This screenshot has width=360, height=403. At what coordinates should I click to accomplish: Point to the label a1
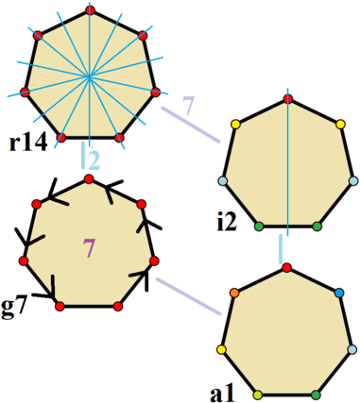tap(223, 389)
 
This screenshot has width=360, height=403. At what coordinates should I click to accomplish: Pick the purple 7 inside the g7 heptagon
tap(89, 249)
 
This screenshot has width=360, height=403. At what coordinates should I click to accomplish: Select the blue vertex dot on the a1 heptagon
tap(339, 294)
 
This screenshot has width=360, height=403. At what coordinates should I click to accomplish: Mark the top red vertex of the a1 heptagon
tap(287, 269)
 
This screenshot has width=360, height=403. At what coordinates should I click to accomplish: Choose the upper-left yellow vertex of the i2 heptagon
tap(236, 124)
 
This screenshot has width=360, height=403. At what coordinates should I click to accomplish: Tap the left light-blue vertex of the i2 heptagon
tap(223, 180)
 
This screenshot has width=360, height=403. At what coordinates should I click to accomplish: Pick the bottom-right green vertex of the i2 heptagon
tap(317, 226)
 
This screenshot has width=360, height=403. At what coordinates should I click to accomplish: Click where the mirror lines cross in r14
tap(88, 74)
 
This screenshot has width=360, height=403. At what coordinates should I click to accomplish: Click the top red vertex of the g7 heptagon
tap(89, 178)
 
